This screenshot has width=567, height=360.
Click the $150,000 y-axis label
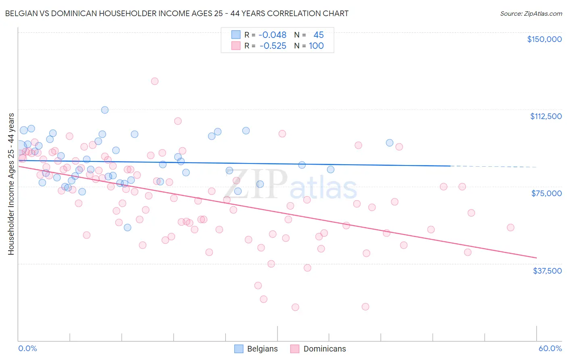click(544, 39)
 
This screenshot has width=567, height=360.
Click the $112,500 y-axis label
click(546, 116)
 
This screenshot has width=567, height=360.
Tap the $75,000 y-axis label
click(546, 193)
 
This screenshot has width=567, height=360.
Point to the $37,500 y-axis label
click(547, 271)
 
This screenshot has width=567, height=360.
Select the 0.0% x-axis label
click(27, 348)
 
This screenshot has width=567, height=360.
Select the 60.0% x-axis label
click(550, 348)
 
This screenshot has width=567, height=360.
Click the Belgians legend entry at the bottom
click(256, 349)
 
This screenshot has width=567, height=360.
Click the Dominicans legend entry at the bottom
click(318, 349)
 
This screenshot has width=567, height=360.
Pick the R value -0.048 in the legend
click(273, 35)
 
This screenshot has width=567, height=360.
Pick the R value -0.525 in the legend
click(273, 46)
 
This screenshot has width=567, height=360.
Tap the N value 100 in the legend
click(316, 46)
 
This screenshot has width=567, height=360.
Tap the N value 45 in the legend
click(318, 35)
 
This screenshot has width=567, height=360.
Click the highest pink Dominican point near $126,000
click(154, 81)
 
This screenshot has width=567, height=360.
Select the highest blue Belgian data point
click(105, 110)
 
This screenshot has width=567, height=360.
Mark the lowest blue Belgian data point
click(127, 227)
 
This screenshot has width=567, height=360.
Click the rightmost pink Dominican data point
click(511, 227)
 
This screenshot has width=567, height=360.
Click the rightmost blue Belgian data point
click(390, 142)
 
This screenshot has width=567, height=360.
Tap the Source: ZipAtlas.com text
click(531, 13)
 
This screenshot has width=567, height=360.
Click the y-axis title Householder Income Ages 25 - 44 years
click(11, 184)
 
